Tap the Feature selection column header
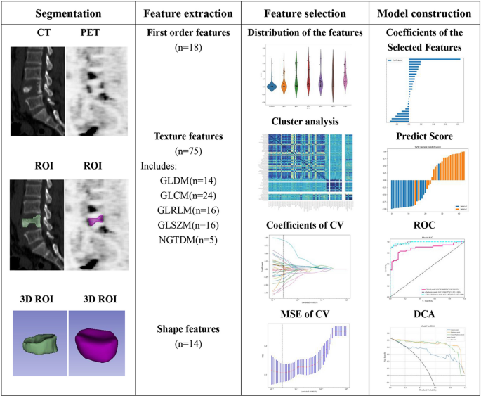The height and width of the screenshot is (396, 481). click(x=307, y=13)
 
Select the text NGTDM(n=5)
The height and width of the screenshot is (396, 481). click(x=187, y=238)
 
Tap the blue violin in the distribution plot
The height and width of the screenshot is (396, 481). click(x=270, y=85)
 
